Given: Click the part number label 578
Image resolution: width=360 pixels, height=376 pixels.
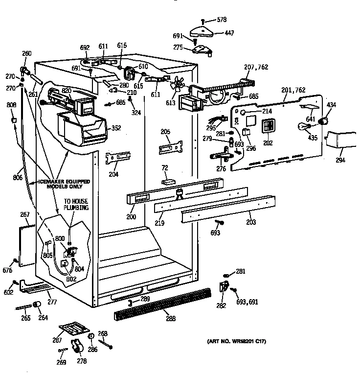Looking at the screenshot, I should [223, 20].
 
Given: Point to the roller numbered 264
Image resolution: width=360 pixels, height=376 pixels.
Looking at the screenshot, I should [36, 306].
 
